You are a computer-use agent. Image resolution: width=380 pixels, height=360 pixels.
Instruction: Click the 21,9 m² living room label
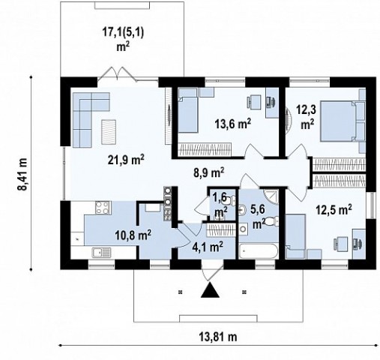tap(126, 160)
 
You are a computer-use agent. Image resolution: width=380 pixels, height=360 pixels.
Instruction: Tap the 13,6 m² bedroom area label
tap(233, 124)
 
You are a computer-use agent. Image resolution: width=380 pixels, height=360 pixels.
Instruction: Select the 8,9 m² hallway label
tap(209, 172)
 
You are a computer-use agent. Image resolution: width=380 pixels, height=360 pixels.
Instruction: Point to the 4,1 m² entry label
tap(208, 247)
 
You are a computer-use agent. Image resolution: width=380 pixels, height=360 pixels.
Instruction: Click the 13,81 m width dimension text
tap(218, 337)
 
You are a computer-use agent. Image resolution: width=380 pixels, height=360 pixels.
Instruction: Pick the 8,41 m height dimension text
tap(22, 174)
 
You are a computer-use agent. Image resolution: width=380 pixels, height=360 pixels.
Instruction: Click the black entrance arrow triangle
tap(210, 289)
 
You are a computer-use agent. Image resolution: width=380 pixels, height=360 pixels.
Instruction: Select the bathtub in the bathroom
tap(258, 251)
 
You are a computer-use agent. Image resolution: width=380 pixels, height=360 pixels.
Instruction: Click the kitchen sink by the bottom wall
tap(101, 252)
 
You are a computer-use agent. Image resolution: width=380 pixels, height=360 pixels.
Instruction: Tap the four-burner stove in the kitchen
tap(103, 208)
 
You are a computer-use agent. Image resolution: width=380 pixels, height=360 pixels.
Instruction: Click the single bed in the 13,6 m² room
tap(188, 115)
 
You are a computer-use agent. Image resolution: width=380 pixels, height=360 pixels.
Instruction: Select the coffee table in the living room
tap(109, 132)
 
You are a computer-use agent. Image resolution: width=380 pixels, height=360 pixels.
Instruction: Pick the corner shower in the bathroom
tap(271, 196)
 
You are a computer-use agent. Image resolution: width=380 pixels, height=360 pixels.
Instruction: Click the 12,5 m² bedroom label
tap(334, 209)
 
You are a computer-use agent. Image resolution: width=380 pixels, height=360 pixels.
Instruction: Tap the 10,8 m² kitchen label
tap(133, 235)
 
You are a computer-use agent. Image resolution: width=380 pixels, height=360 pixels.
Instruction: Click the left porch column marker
tap(181, 292)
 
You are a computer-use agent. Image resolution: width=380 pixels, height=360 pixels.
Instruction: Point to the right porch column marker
tap(244, 292)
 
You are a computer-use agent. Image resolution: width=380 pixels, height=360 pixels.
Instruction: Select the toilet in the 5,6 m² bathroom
tap(272, 221)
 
